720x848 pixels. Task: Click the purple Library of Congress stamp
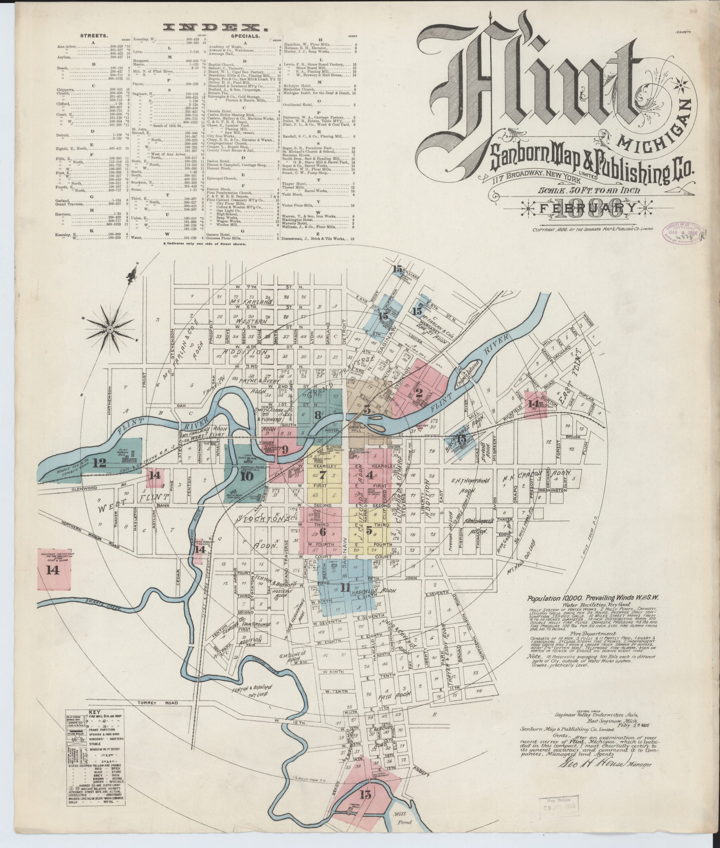point(683,234)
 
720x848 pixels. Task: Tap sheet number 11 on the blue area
point(346,587)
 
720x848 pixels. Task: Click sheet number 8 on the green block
point(317,415)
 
